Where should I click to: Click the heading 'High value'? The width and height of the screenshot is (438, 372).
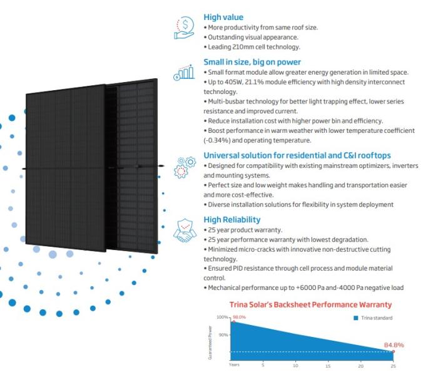click(223, 18)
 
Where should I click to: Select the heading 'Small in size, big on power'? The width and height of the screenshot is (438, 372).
click(252, 62)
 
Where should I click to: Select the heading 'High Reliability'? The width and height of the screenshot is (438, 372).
click(232, 220)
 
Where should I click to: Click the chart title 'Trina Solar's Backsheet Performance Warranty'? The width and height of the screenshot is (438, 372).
click(311, 305)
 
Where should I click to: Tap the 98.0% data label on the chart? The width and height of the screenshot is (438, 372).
click(239, 318)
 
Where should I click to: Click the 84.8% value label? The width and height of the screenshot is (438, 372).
click(394, 345)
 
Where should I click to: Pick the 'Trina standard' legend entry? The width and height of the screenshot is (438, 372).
click(375, 318)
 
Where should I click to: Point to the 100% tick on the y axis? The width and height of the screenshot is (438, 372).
click(223, 318)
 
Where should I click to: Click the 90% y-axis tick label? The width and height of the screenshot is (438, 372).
click(224, 335)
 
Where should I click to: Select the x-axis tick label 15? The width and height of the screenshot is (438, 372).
click(328, 365)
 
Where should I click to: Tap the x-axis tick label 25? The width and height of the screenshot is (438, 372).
click(393, 365)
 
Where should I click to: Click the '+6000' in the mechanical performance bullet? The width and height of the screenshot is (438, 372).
click(304, 287)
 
